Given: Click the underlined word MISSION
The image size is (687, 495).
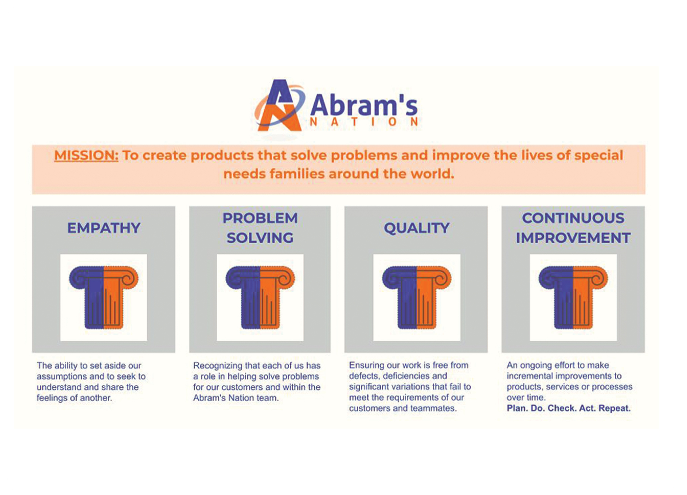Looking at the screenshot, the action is pos(86,155).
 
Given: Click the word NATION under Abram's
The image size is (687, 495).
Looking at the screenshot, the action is pos(364,122).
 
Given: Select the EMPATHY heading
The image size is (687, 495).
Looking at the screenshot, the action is pos(104,228).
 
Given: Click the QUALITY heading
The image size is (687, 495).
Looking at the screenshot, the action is pos(417,228).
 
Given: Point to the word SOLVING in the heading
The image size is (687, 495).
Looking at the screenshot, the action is pos(260,238).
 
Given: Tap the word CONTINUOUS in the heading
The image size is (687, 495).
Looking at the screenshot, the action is pos(573,218).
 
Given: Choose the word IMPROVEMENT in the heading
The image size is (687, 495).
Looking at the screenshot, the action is pos(573,238).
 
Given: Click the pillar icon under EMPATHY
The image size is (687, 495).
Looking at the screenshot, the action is pos(104,297).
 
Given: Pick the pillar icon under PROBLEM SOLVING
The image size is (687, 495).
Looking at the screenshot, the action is pos(260,297).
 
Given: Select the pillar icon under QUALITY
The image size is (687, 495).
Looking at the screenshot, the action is pos(417,297).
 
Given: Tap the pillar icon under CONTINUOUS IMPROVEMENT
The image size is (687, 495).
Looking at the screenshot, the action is pos(573,297).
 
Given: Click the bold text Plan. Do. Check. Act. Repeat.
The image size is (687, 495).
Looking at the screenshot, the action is pos(569,408).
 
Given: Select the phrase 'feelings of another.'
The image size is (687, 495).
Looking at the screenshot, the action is pos(74,398).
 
